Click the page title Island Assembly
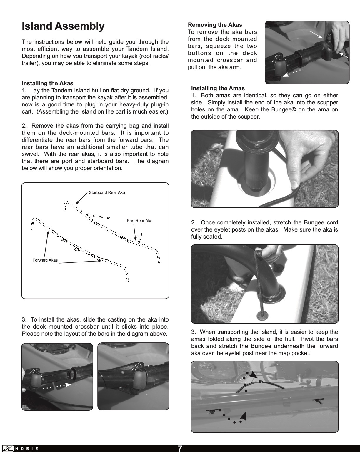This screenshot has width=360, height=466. click(63, 26)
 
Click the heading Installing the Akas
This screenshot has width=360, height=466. click(47, 83)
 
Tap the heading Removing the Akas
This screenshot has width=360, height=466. click(215, 25)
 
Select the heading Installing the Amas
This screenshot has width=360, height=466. click(218, 88)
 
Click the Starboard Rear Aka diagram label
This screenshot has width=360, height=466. click(107, 192)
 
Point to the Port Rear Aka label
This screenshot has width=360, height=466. click(139, 221)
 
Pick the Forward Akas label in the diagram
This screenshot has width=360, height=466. click(45, 260)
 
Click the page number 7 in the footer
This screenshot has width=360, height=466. click(180, 449)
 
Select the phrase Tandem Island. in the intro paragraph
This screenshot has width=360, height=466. click(151, 49)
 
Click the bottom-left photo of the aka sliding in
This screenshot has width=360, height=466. click(57, 376)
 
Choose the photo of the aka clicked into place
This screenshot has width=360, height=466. click(133, 376)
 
